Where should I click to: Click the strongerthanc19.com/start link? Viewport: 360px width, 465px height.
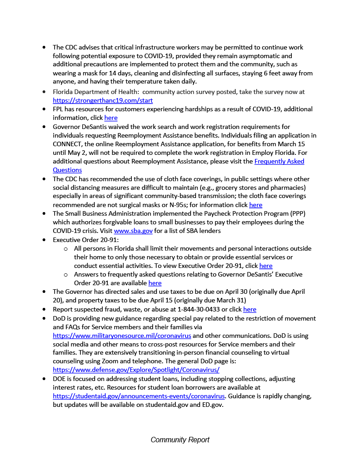click(103, 100)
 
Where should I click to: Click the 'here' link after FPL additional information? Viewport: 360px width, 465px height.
click(111, 118)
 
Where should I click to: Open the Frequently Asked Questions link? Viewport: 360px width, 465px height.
click(279, 161)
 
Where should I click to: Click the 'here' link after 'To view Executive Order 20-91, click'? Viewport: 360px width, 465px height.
click(266, 266)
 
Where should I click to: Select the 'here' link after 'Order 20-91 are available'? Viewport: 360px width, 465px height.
click(155, 283)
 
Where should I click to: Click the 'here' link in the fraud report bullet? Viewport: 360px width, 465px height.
click(250, 309)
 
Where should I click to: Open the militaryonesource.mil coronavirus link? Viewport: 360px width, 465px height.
click(122, 336)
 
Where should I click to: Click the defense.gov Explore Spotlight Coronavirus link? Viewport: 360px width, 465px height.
click(136, 370)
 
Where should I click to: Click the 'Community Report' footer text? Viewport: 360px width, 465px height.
click(180, 440)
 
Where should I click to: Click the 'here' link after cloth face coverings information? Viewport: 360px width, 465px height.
click(255, 205)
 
